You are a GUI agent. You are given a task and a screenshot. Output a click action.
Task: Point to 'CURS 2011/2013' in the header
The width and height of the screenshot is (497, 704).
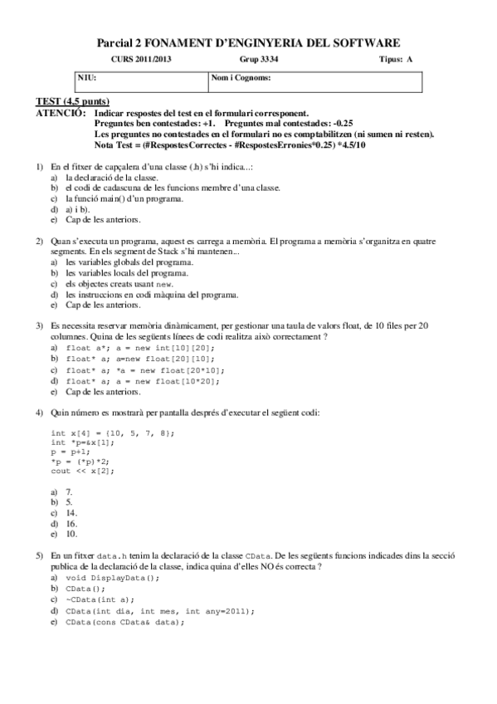[143, 60]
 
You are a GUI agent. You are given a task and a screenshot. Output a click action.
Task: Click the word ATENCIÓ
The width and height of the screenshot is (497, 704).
[60, 111]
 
